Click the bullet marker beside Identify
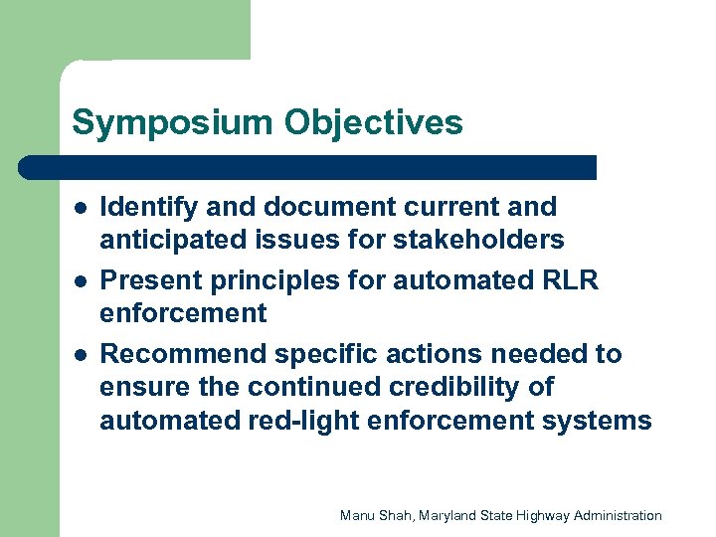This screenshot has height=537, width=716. pos(79,209)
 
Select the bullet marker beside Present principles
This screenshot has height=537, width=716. pos(79,282)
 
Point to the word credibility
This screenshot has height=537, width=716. pos(476,387)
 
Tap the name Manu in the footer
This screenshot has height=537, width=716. pos(357,515)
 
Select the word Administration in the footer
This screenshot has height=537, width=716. pos(620,515)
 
